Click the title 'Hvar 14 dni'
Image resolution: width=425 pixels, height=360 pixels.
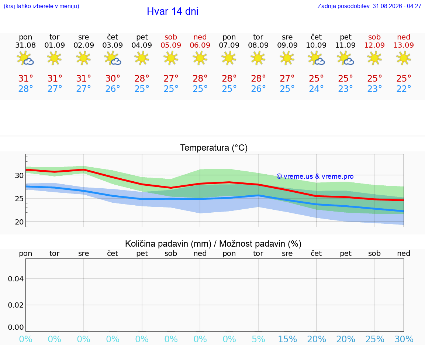tap(173, 11)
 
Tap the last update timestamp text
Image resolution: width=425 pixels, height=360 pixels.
tap(369, 6)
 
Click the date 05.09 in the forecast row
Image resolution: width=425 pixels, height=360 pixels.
tap(171, 45)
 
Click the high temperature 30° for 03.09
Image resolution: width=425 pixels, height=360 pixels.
tap(113, 78)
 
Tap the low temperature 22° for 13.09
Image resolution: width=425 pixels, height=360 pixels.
tap(404, 89)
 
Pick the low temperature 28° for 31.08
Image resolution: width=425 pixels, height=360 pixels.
tap(25, 89)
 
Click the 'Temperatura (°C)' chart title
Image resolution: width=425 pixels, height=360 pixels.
tap(214, 148)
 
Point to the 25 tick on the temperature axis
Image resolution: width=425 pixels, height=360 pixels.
tap(19, 199)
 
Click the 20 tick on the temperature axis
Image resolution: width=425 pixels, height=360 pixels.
tap(19, 222)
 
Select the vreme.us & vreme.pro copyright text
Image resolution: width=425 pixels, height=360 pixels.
tap(315, 176)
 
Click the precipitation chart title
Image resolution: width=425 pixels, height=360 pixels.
tap(213, 244)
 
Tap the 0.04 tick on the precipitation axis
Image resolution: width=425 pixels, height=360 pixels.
tap(16, 279)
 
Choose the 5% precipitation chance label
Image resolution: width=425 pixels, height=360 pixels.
tap(258, 339)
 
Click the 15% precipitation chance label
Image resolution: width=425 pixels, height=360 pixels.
tap(287, 339)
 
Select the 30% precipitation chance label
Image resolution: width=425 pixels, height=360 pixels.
tap(404, 339)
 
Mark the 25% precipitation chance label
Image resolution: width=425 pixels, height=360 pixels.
tap(374, 339)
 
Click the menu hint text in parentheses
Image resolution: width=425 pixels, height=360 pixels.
tap(41, 6)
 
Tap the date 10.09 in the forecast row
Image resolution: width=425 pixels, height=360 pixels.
tap(316, 45)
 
